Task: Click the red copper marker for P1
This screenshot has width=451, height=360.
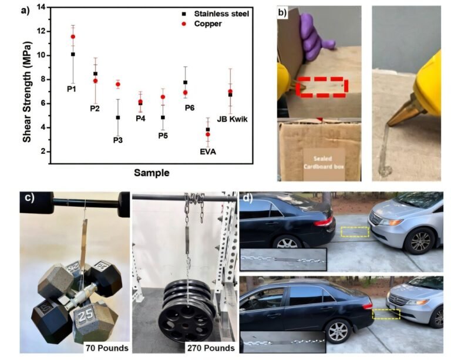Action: (73, 36)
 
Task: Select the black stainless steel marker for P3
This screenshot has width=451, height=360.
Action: (117, 117)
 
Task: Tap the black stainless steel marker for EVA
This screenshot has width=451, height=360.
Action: (207, 129)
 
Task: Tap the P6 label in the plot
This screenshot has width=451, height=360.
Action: (190, 107)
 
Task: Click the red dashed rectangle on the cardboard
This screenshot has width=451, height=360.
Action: (321, 86)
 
